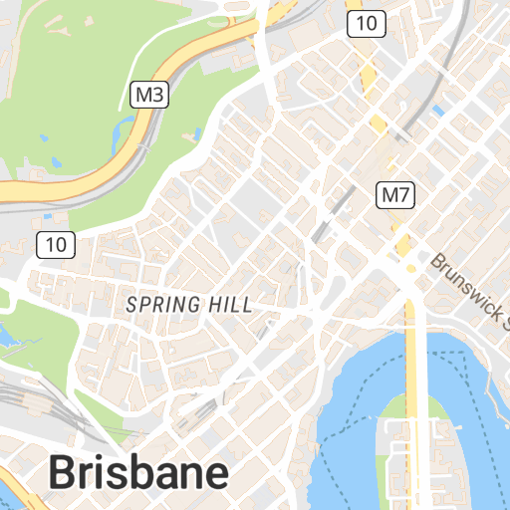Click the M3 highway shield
click(x=148, y=96)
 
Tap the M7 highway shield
click(x=395, y=195)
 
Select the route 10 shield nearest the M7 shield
click(x=366, y=24)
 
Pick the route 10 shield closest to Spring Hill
click(x=55, y=243)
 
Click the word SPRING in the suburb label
click(x=159, y=305)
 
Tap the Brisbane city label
click(x=138, y=472)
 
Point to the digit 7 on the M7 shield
click(x=403, y=195)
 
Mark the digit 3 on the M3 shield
click(x=156, y=96)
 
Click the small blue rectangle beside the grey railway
click(x=437, y=111)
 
